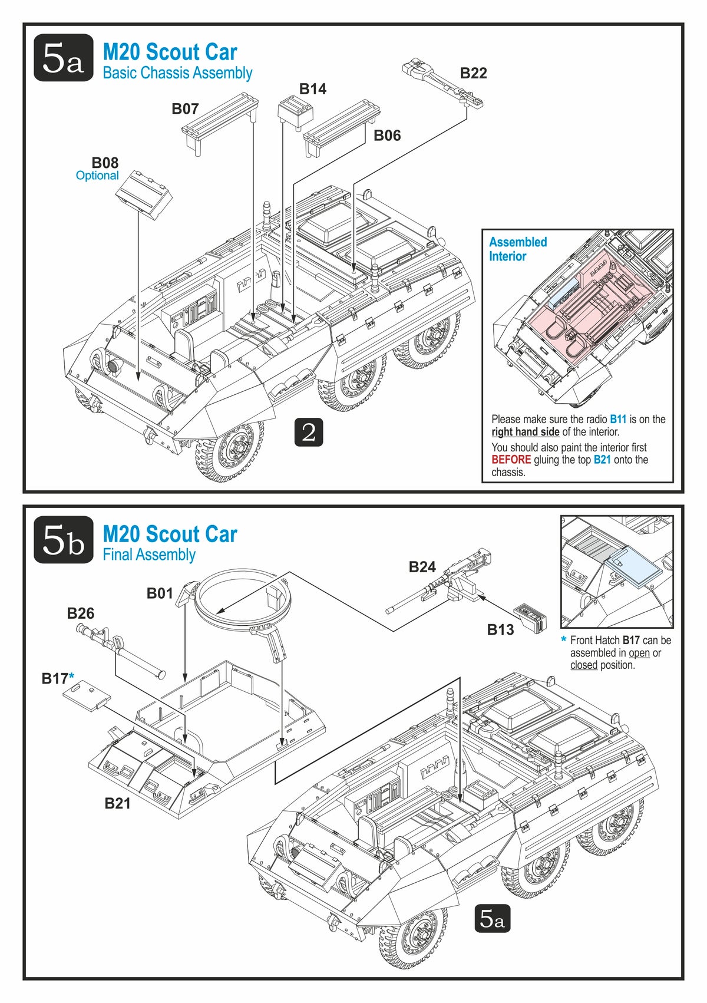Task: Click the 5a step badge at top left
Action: click(63, 58)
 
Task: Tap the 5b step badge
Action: click(63, 539)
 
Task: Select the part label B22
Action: click(473, 73)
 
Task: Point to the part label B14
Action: click(312, 89)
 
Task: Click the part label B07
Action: click(185, 109)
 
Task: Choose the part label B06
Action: click(387, 136)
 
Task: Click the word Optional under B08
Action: click(97, 176)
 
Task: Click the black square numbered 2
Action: click(309, 432)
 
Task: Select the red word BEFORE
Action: click(511, 460)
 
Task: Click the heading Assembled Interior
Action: click(517, 249)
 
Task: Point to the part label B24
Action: click(422, 567)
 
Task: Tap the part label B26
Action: click(80, 613)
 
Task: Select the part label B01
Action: click(160, 593)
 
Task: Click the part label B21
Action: click(117, 803)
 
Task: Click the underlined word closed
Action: click(583, 665)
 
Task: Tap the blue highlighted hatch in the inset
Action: click(638, 568)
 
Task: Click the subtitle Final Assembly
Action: click(149, 555)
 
